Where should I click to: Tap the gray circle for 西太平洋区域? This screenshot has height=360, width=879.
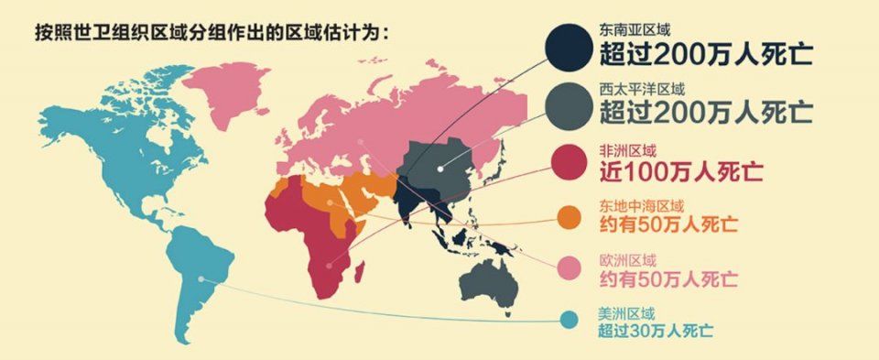coord(570,105)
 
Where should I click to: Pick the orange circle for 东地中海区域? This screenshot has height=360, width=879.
coord(569,217)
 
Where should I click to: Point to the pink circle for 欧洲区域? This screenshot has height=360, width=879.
coord(569,267)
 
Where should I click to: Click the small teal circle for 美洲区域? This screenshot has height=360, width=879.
coord(569,319)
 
